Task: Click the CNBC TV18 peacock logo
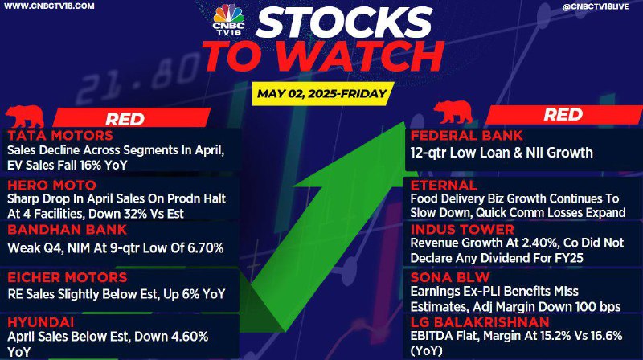(x=229, y=19)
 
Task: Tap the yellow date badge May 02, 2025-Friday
(x=322, y=93)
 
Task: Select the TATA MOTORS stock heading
(x=59, y=136)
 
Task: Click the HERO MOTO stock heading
(x=51, y=185)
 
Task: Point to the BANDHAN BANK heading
(x=68, y=230)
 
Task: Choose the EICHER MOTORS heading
(x=68, y=277)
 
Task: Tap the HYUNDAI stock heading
(x=41, y=322)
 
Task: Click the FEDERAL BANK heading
(x=467, y=136)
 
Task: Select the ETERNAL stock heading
(x=444, y=185)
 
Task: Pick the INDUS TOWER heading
(x=462, y=230)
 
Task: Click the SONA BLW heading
(x=450, y=277)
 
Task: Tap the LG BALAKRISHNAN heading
(x=480, y=322)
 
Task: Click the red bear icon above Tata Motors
(x=25, y=117)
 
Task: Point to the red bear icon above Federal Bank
(x=453, y=112)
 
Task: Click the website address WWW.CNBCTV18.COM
(x=49, y=6)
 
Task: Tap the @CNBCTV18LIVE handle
(x=596, y=6)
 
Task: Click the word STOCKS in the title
(x=344, y=23)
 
